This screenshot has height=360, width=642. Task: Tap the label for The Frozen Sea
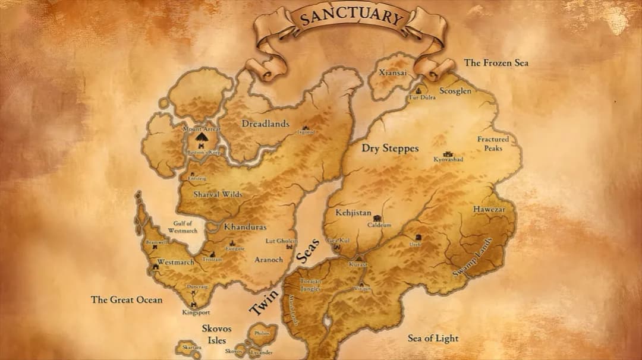tap(496, 62)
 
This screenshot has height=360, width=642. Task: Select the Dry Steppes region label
tap(390, 149)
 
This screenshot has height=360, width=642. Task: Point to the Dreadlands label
tap(265, 124)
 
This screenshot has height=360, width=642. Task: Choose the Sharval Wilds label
tap(218, 194)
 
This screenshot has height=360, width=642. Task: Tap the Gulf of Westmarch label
tap(182, 227)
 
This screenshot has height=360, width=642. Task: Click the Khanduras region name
tap(245, 227)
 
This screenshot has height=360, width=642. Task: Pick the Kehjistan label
tap(353, 213)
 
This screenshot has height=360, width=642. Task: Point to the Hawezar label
tap(489, 210)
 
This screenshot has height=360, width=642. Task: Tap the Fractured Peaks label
tap(493, 144)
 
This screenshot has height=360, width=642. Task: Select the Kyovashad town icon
tap(448, 154)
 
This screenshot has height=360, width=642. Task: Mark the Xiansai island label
tap(394, 72)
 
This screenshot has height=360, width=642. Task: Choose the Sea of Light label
tap(433, 339)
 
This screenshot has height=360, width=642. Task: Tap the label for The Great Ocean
tap(126, 300)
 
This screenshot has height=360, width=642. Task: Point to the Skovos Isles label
tap(216, 334)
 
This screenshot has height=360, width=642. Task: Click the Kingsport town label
tap(196, 312)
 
